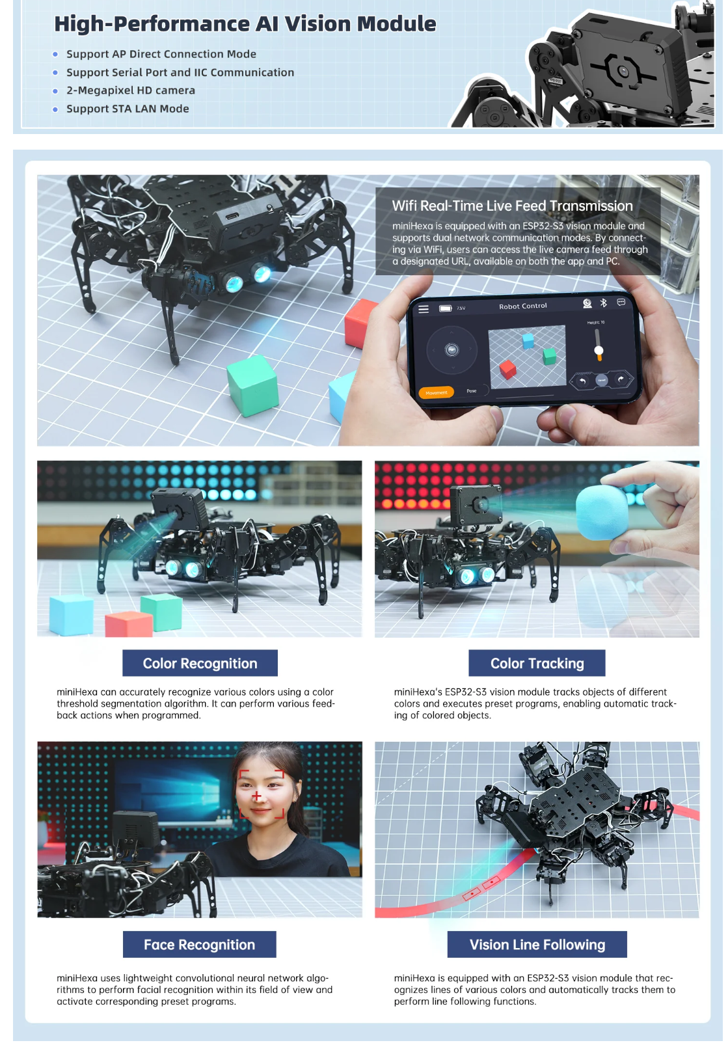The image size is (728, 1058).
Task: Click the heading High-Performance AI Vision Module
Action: (245, 24)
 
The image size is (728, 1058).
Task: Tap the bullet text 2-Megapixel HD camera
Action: (131, 90)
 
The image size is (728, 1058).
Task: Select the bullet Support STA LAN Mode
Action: (128, 109)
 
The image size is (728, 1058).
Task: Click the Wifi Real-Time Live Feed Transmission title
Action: (512, 206)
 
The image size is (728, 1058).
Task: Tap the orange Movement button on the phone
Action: (437, 392)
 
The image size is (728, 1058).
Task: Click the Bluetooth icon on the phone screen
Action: (603, 303)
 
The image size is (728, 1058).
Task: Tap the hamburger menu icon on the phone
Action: (424, 309)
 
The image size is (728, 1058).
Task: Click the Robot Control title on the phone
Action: (522, 306)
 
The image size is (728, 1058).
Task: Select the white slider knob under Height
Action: (599, 351)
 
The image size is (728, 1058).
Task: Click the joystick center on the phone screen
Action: (452, 350)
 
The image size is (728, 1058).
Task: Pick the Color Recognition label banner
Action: (200, 662)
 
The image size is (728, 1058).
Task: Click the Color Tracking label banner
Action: (537, 662)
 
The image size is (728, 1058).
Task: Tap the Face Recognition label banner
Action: (199, 944)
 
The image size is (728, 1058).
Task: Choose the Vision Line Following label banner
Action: (537, 944)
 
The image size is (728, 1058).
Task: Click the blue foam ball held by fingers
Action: (602, 513)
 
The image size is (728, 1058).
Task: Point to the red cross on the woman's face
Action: (256, 796)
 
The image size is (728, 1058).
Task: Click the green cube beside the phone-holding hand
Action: (252, 385)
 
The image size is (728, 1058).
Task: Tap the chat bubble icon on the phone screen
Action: (621, 303)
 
